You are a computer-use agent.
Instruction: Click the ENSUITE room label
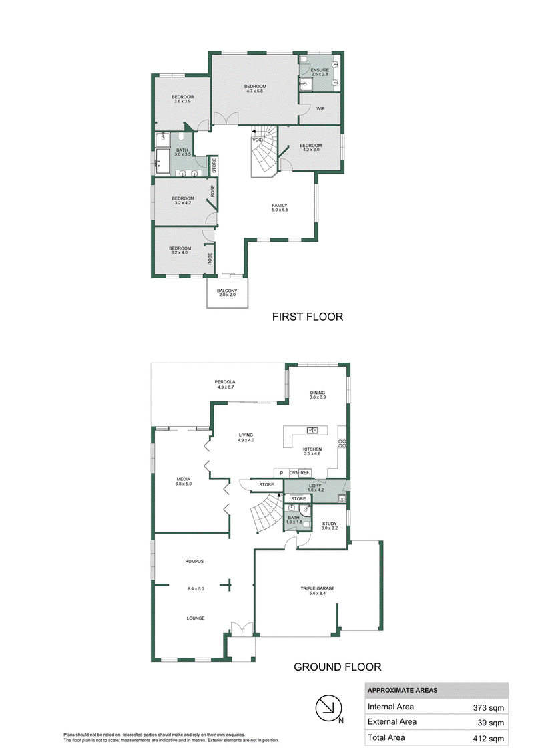(320, 70)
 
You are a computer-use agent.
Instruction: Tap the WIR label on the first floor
(320, 109)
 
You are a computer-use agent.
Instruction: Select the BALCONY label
(227, 291)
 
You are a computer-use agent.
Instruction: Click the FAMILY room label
(280, 206)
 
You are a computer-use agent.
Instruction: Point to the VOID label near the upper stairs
(258, 140)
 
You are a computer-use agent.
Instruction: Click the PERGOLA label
(225, 382)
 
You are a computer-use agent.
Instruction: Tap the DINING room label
(318, 393)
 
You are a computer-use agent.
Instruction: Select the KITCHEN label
(312, 449)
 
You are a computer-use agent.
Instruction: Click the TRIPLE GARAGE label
(318, 588)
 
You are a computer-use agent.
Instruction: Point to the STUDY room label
(330, 524)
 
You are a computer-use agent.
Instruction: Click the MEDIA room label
(183, 480)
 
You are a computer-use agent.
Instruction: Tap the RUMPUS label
(194, 562)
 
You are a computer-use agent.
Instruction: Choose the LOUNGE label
(196, 618)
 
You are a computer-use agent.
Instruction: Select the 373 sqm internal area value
(489, 708)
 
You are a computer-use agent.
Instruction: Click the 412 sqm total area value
(489, 739)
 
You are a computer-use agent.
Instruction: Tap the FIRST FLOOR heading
(308, 317)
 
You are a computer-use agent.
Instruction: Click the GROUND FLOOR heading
(338, 667)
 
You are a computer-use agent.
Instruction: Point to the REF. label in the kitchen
(305, 473)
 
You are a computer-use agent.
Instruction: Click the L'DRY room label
(315, 486)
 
